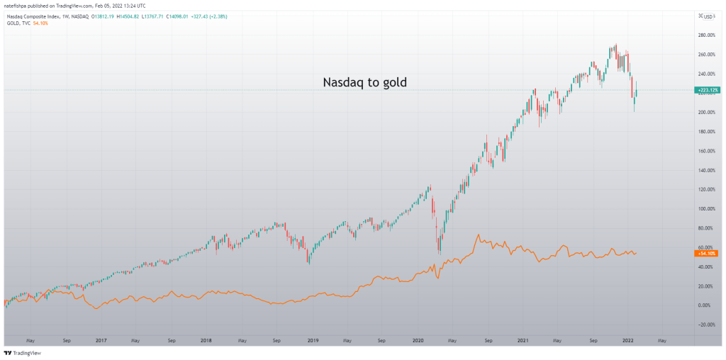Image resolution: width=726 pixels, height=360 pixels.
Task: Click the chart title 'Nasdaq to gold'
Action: [x=364, y=82]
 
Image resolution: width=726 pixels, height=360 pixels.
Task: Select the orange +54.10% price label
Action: [x=706, y=253]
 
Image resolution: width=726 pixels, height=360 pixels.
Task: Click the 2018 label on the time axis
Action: [x=206, y=340]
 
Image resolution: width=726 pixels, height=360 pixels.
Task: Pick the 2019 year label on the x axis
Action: [x=313, y=340]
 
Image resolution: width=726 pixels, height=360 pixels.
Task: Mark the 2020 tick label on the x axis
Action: [x=418, y=340]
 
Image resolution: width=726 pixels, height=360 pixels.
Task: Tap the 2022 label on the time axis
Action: [x=628, y=340]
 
